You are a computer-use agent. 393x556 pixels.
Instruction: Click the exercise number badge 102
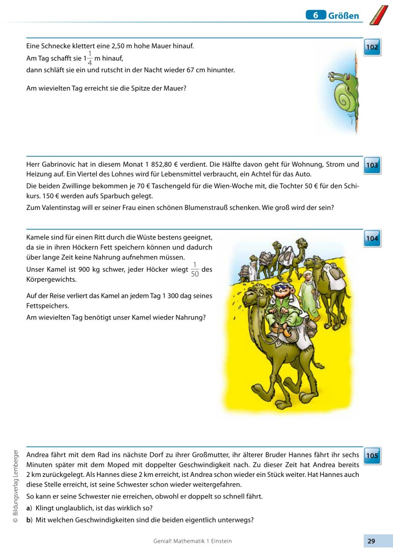click(372, 48)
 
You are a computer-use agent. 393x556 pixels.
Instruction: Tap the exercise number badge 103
click(372, 165)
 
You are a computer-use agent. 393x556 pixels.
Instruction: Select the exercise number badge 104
click(372, 239)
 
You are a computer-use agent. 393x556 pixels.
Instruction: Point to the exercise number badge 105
click(372, 456)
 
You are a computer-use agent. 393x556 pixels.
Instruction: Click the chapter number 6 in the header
click(316, 15)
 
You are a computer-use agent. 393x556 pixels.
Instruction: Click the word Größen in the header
click(343, 16)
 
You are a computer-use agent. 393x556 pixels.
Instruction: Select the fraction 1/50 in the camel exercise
click(195, 270)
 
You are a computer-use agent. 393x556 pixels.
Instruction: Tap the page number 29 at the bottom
click(371, 541)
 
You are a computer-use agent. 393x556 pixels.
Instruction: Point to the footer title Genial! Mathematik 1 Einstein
click(193, 541)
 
